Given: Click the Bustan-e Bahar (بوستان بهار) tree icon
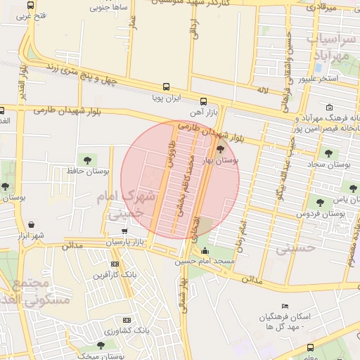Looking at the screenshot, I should pyautogui.click(x=221, y=148).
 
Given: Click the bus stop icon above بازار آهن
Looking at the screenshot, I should pyautogui.click(x=203, y=101).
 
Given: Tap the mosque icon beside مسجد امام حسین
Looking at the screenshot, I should pyautogui.click(x=205, y=251).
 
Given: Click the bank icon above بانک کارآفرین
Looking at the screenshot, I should pyautogui.click(x=115, y=264).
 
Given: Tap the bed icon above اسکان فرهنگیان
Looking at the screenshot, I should pyautogui.click(x=284, y=306).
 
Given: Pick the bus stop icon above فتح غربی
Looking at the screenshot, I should pyautogui.click(x=30, y=5).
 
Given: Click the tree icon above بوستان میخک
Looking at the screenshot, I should pyautogui.click(x=100, y=345).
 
